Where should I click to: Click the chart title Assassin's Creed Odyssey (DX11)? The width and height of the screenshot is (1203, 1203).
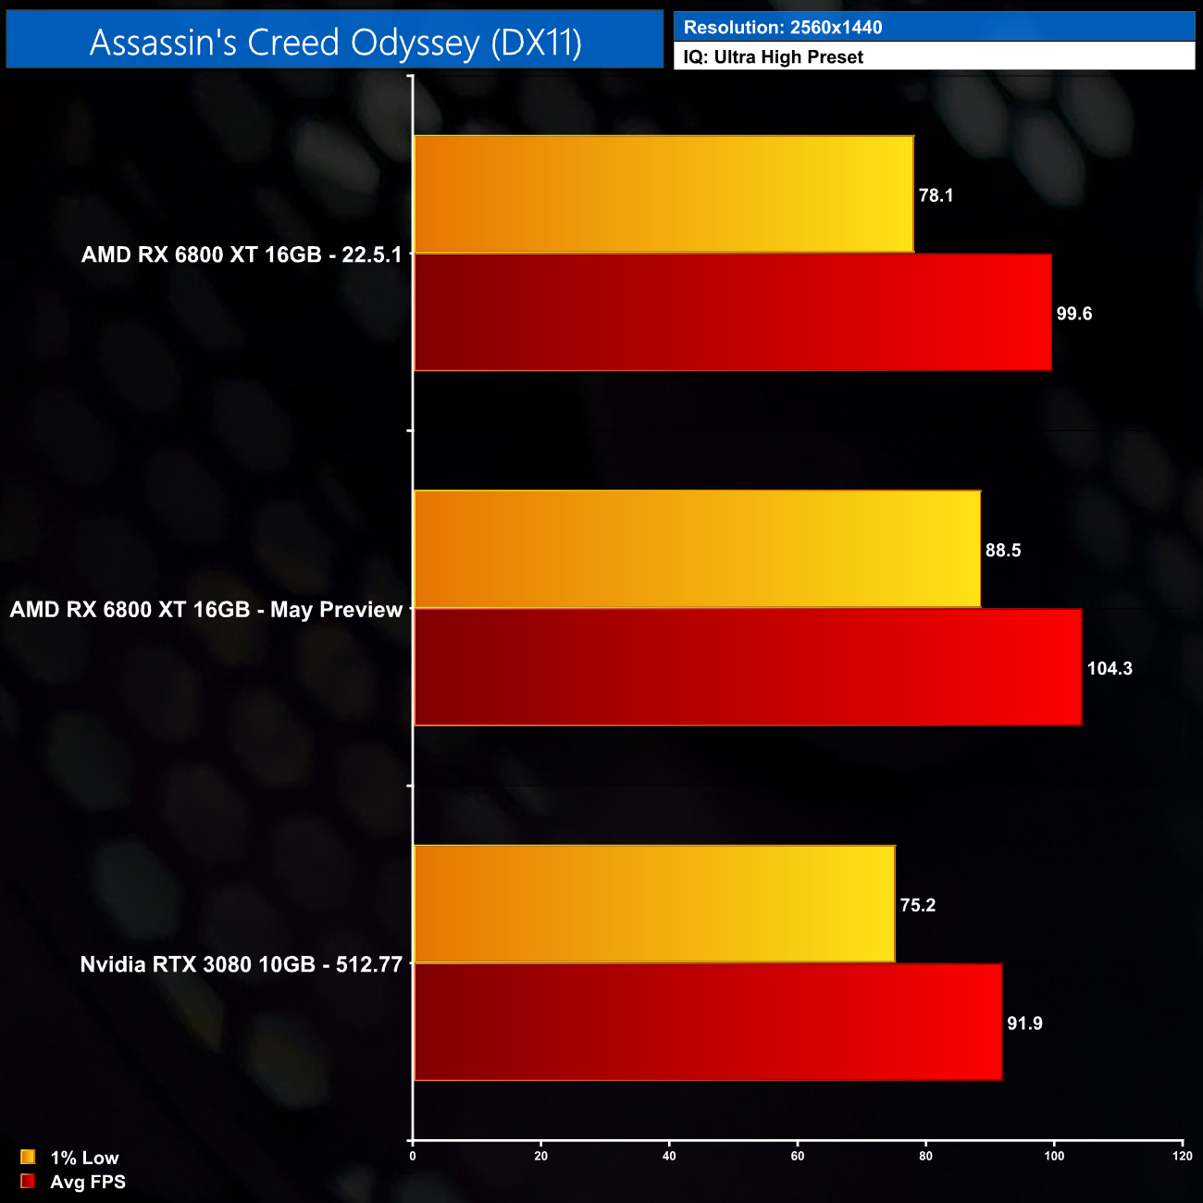[335, 43]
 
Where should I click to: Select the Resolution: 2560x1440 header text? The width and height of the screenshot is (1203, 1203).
[783, 28]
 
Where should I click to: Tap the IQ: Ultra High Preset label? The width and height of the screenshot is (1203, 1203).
[774, 57]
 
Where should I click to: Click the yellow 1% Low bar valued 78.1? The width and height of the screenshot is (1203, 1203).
[664, 194]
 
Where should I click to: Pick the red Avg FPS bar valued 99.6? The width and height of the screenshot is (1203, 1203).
[732, 313]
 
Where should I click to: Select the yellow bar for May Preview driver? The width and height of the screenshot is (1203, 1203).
[697, 549]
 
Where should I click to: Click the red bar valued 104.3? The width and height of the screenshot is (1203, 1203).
[747, 667]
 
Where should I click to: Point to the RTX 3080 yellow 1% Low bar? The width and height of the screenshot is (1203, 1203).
[654, 904]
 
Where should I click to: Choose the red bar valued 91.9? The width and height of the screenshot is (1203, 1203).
[707, 1022]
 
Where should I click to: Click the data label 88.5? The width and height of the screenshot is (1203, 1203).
[1003, 551]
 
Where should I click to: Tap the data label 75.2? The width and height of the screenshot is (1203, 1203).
[918, 905]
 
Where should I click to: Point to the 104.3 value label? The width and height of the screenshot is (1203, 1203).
[1110, 668]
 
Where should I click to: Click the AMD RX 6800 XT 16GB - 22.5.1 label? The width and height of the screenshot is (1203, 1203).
[242, 254]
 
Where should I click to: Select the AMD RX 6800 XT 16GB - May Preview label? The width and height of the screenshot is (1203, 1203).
[206, 610]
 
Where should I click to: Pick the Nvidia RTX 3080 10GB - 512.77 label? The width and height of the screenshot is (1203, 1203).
[242, 964]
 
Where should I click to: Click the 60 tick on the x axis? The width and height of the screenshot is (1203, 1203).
[798, 1156]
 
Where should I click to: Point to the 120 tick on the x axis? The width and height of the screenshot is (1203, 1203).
[1182, 1156]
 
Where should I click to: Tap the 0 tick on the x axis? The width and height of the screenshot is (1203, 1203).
[413, 1156]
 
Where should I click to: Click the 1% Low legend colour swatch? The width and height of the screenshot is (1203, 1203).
[28, 1157]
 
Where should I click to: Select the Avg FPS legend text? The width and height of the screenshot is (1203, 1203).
[88, 1182]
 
